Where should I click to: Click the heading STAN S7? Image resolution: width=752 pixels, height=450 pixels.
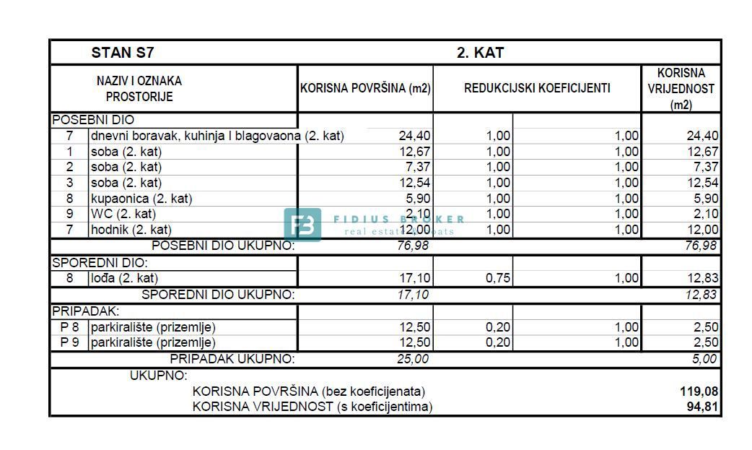pyautogui.click(x=123, y=53)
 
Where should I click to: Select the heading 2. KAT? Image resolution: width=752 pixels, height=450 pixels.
pyautogui.click(x=481, y=53)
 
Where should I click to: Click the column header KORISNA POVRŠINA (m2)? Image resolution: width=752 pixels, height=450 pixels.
pyautogui.click(x=365, y=89)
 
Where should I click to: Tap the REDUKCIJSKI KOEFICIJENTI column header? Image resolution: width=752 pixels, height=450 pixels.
pyautogui.click(x=537, y=89)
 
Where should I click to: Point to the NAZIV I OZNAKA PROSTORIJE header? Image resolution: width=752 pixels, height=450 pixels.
pyautogui.click(x=139, y=89)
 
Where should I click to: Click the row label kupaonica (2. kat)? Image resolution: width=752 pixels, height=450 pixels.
pyautogui.click(x=141, y=199)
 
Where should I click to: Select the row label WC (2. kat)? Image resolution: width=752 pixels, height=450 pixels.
pyautogui.click(x=123, y=214)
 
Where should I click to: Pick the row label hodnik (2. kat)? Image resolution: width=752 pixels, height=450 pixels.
pyautogui.click(x=131, y=230)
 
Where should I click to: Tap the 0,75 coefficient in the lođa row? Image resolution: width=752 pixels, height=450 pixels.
pyautogui.click(x=498, y=278)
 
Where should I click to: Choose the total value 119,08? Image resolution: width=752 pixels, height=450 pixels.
pyautogui.click(x=699, y=391)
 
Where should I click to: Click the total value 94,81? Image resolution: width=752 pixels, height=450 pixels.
pyautogui.click(x=703, y=407)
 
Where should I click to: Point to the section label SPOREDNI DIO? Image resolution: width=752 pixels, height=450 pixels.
pyautogui.click(x=100, y=264)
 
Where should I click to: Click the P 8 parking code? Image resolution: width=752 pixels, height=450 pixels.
pyautogui.click(x=69, y=327)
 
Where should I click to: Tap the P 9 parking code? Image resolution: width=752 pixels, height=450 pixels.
pyautogui.click(x=69, y=342)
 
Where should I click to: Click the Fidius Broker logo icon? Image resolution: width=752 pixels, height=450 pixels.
pyautogui.click(x=302, y=224)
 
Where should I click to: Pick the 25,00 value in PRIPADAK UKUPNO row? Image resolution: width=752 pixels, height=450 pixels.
pyautogui.click(x=413, y=359)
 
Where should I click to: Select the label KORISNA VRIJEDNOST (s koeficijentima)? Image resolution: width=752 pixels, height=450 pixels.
pyautogui.click(x=312, y=407)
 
